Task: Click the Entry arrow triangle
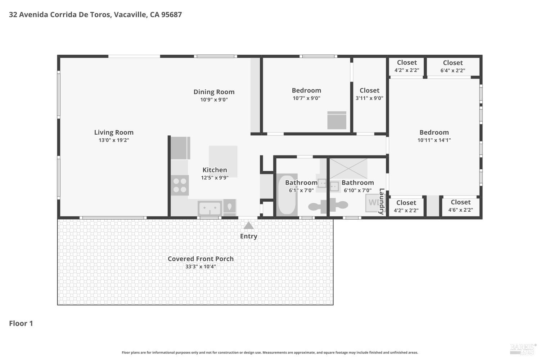click(248, 226)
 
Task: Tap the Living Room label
click(114, 132)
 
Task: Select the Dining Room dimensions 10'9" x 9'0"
click(214, 100)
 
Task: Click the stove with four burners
click(180, 185)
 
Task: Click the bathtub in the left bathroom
click(287, 195)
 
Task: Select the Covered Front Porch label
click(201, 259)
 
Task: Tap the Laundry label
click(382, 201)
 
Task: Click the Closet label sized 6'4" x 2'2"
click(453, 63)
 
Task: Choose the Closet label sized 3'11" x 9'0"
click(370, 90)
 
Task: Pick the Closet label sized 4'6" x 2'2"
click(461, 202)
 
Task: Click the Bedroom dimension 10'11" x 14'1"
click(434, 140)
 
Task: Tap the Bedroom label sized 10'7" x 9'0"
click(306, 90)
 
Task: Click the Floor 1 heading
click(21, 323)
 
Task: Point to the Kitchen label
click(215, 170)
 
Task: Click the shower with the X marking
click(348, 168)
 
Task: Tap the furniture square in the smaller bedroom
click(337, 120)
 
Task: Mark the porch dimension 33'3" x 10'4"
click(201, 267)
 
